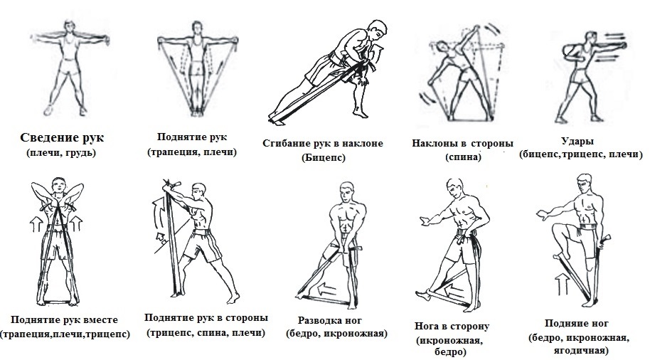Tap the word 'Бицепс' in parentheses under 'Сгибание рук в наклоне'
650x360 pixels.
pos(323,158)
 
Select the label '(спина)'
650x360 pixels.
pos(462,158)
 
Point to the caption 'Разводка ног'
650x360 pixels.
pos(334,319)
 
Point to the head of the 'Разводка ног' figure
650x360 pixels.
pos(346,191)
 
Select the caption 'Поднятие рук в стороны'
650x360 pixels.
pos(206,317)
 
